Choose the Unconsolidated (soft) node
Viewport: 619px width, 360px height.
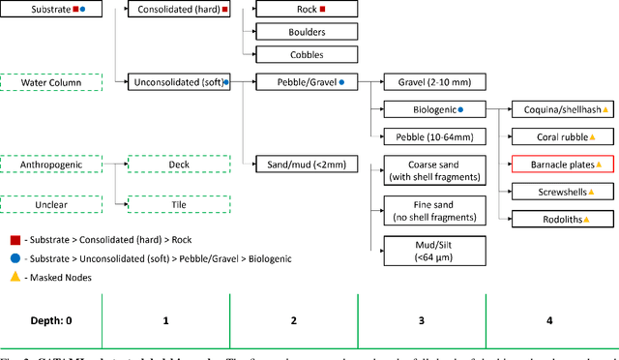click(x=179, y=83)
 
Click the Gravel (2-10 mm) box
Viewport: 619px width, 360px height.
click(x=434, y=83)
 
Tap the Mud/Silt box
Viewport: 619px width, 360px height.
click(x=434, y=250)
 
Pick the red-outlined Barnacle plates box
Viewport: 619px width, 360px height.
click(x=562, y=165)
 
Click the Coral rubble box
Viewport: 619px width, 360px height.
click(x=562, y=138)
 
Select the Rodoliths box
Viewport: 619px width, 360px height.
click(x=562, y=220)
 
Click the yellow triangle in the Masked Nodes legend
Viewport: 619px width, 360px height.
click(x=15, y=278)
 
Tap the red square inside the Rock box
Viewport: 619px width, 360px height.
click(x=323, y=9)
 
